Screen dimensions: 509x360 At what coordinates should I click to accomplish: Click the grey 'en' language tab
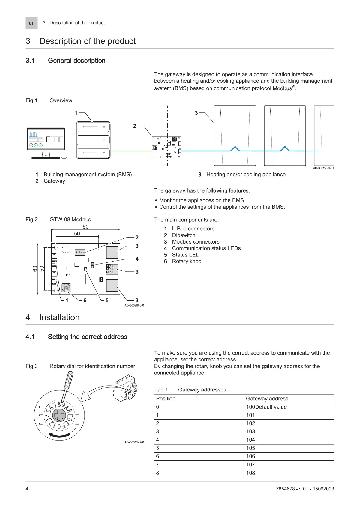(x=31, y=23)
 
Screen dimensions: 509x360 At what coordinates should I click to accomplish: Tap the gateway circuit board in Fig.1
(x=166, y=147)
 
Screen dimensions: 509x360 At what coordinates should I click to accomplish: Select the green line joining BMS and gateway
(x=130, y=151)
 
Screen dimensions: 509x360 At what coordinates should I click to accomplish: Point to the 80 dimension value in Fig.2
(x=85, y=227)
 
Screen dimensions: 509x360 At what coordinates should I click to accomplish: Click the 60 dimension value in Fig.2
(x=35, y=269)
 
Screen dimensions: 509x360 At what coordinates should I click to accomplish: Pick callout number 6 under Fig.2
(x=85, y=300)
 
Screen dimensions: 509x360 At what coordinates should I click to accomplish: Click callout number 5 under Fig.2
(x=107, y=300)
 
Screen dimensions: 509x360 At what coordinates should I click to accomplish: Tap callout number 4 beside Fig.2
(x=137, y=259)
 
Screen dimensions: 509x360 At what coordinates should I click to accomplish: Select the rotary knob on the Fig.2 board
(x=66, y=288)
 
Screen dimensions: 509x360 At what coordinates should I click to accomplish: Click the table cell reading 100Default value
(x=266, y=407)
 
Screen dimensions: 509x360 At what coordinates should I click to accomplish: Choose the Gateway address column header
(x=267, y=399)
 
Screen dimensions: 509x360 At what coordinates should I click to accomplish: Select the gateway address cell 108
(x=250, y=473)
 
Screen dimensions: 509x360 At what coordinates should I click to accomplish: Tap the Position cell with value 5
(x=158, y=448)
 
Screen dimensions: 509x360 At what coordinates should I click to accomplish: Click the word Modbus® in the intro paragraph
(x=284, y=88)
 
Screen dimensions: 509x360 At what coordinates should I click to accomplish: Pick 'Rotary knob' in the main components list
(x=187, y=261)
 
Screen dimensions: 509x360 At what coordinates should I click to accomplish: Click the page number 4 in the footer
(x=27, y=489)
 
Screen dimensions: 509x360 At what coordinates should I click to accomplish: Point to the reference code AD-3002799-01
(x=323, y=168)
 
